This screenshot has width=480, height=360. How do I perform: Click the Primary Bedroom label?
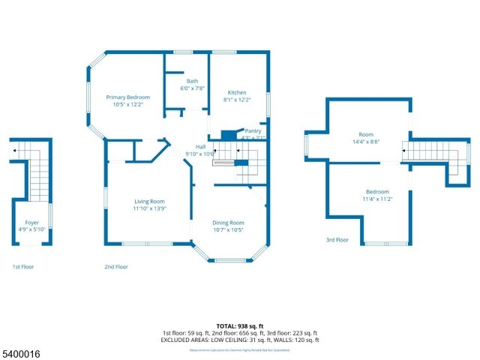point(127,97)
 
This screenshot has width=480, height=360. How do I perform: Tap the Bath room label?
point(193,81)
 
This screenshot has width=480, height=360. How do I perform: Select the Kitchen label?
point(237,93)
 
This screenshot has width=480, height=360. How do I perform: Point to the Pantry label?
point(253,130)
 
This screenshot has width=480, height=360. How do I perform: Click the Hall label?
point(201,146)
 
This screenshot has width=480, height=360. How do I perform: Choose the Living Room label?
point(149,201)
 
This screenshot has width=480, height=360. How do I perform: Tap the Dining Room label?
point(229,222)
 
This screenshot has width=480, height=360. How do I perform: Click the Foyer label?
point(31,223)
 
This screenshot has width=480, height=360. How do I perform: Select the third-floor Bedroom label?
point(378,191)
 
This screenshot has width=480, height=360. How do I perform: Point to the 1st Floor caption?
point(22,267)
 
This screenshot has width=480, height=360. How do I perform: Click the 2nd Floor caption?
point(116,267)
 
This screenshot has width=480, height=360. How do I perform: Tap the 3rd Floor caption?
point(337,240)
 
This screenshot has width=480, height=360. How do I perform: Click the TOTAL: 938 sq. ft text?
point(240,326)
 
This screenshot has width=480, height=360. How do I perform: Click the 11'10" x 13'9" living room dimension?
point(149,208)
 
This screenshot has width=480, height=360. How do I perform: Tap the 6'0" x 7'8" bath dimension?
point(193,88)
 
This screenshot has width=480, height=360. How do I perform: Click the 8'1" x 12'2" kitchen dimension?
point(237,100)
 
